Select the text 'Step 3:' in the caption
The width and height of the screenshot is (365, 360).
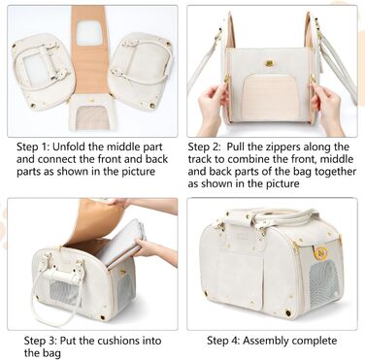(x=40, y=341)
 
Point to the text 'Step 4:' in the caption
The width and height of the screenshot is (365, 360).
(x=223, y=341)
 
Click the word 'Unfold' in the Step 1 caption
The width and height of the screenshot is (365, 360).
(x=69, y=147)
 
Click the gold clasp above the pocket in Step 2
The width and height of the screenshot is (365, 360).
(x=269, y=63)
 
